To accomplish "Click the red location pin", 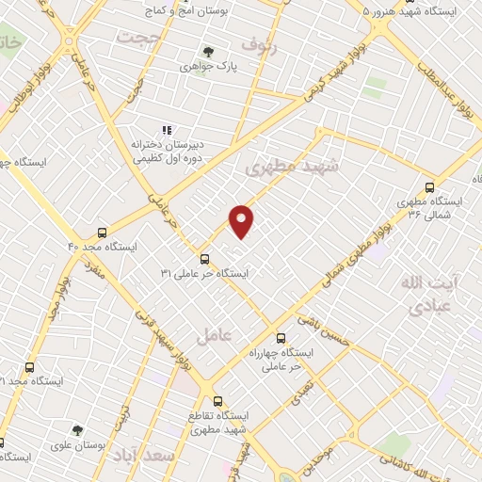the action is click(x=242, y=220).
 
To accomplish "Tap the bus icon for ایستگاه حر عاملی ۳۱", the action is click(x=204, y=259).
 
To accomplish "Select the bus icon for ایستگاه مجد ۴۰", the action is click(x=102, y=232).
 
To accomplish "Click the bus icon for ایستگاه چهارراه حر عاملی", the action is click(x=280, y=338).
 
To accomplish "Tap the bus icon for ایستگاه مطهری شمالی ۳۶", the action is click(x=430, y=186).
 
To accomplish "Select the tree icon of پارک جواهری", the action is click(x=208, y=52).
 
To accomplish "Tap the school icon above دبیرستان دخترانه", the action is click(x=167, y=131).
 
